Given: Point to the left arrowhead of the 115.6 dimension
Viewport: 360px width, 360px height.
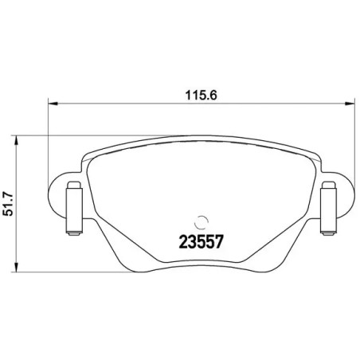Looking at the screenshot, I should click(54, 103).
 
